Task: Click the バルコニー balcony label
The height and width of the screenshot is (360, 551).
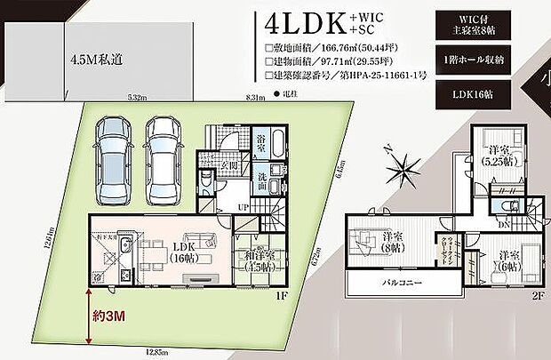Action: coord(403,282)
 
